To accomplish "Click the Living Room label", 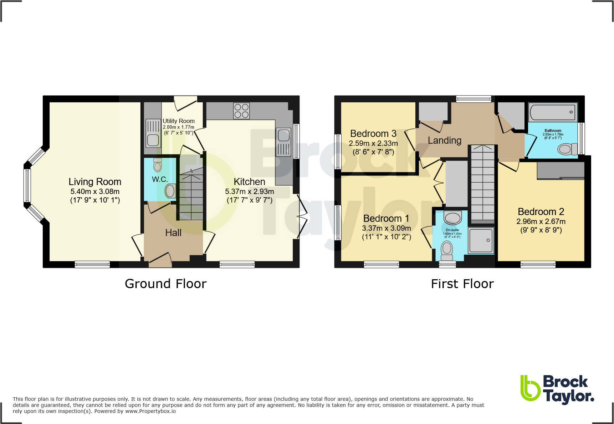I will (x=95, y=182).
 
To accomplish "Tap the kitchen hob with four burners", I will (x=241, y=111).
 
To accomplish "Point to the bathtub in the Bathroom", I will (x=552, y=112).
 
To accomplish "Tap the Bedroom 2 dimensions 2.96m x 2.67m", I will (x=541, y=221).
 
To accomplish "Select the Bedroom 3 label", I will (x=373, y=134).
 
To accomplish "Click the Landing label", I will (x=444, y=141).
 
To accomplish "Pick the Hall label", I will (x=173, y=233).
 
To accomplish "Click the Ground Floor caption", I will (x=165, y=284).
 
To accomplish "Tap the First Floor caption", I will (x=462, y=284).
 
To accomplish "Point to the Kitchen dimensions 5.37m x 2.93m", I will (x=249, y=191).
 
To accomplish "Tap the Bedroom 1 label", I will (x=386, y=218).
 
